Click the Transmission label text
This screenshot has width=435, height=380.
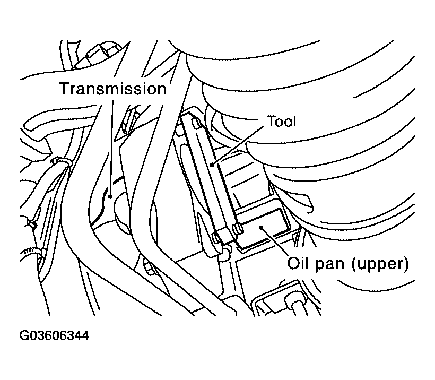(113, 89)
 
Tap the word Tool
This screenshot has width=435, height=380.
(281, 122)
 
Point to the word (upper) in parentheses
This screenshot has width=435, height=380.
(380, 264)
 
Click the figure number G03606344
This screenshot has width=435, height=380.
(54, 335)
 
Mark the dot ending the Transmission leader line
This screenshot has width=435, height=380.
(110, 196)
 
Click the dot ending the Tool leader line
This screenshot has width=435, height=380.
(212, 165)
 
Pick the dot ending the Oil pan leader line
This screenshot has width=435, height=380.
(261, 228)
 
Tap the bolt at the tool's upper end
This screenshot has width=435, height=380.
(196, 124)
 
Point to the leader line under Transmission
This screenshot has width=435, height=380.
(111, 148)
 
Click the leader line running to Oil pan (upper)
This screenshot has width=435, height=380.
(274, 241)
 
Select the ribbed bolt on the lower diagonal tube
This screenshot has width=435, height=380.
(149, 266)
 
